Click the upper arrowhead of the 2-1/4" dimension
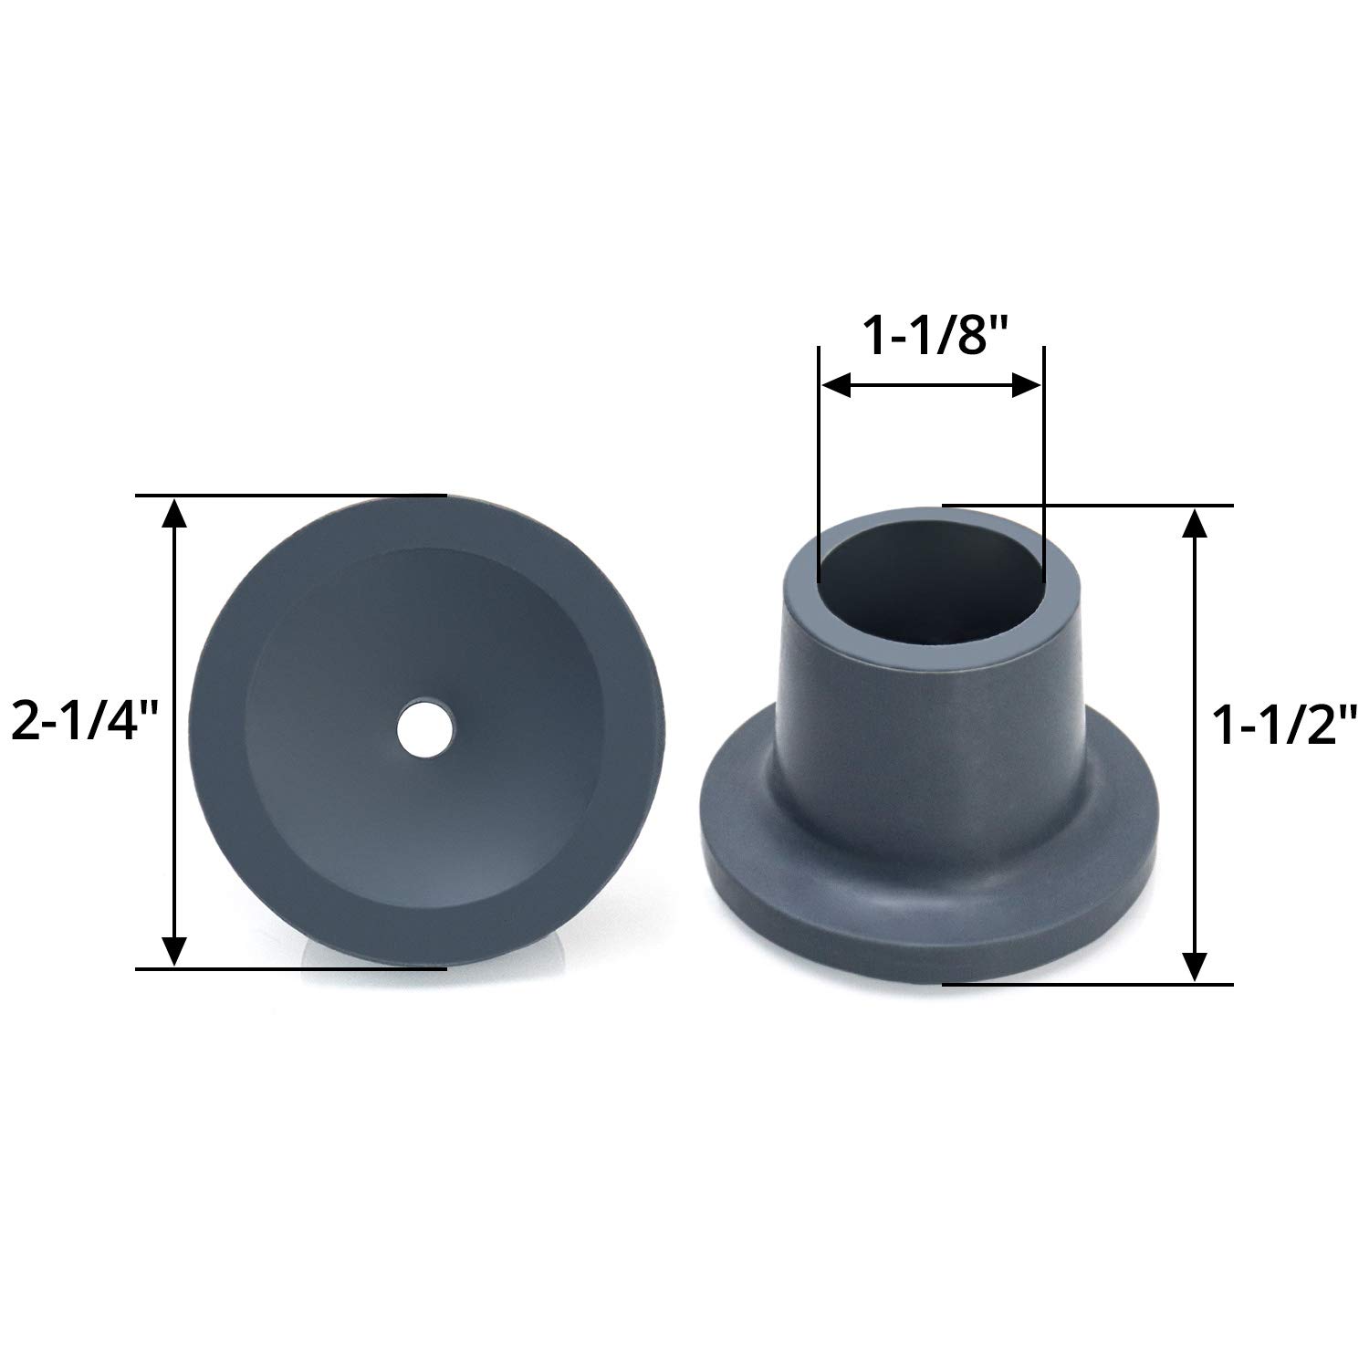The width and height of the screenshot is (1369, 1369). pos(173,516)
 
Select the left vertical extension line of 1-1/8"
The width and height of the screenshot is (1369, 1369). pos(820,456)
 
